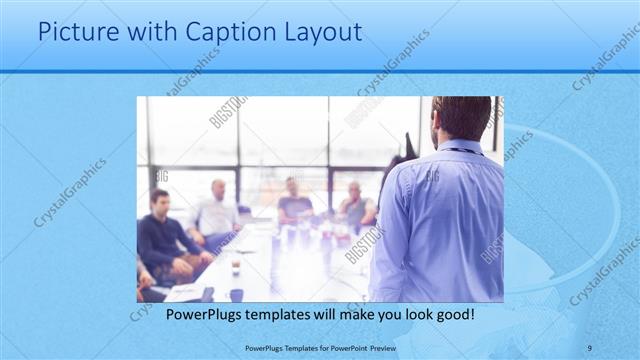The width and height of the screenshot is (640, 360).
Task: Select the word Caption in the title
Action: tap(217, 32)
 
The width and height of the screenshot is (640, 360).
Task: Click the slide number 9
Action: tap(590, 347)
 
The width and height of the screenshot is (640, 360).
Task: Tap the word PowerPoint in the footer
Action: tap(345, 347)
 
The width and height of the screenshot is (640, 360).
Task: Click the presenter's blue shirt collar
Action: tap(462, 148)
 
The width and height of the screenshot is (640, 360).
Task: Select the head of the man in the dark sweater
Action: tap(159, 199)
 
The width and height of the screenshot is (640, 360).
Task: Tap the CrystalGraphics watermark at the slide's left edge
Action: tap(70, 192)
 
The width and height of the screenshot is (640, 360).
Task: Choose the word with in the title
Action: tap(148, 32)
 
